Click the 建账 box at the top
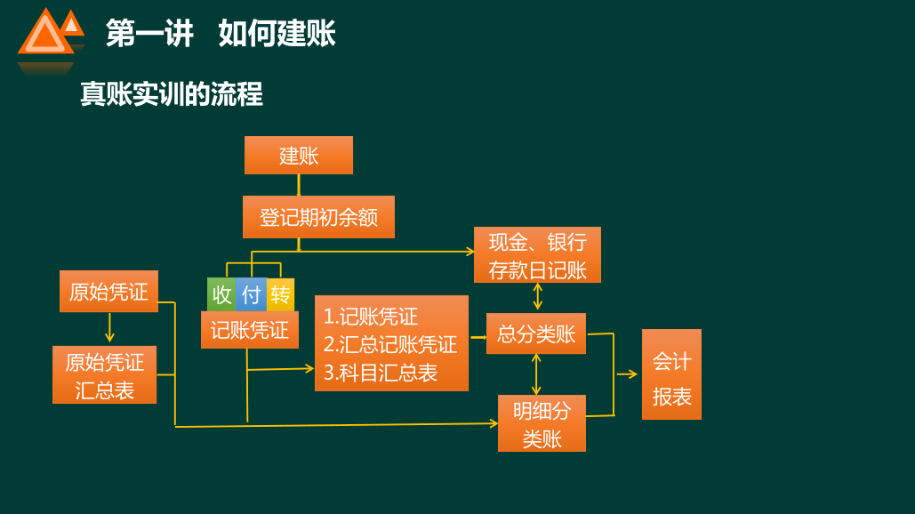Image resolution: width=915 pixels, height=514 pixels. [x=299, y=156]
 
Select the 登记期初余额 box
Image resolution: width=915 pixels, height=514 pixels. [x=318, y=218]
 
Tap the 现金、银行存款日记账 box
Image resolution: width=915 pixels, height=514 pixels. [x=537, y=255]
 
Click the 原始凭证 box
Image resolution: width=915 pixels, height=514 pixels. [x=108, y=292]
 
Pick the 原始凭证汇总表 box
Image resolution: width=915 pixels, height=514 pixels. [x=104, y=375]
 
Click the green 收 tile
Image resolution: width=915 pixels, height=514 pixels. [x=221, y=294]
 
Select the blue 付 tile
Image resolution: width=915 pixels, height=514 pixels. [x=252, y=294]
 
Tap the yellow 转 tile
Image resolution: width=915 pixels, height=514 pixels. [x=280, y=294]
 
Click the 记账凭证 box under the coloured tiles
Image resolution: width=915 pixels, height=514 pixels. [x=249, y=330]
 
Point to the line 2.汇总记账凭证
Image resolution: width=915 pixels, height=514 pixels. [x=389, y=344]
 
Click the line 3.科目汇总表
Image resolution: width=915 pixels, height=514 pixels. [x=381, y=373]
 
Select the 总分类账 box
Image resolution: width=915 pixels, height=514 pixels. [x=536, y=333]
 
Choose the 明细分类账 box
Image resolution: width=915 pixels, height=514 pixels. [x=542, y=423]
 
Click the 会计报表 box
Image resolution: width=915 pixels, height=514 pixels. [x=671, y=374]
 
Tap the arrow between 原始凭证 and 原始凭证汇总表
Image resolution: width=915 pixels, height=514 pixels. [x=109, y=328]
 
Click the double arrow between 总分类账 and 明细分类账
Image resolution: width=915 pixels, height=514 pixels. [x=535, y=373]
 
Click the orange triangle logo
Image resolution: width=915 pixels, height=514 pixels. [x=48, y=34]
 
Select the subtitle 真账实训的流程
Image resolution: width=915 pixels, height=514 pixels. [x=171, y=93]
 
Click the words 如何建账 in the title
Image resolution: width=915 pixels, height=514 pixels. [x=277, y=34]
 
